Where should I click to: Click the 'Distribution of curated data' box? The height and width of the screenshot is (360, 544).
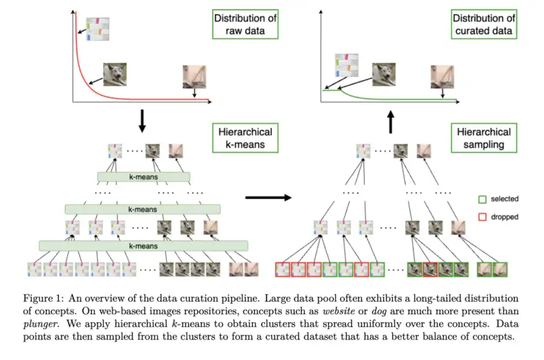(x=485, y=25)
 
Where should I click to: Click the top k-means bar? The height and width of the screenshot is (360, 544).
(x=144, y=177)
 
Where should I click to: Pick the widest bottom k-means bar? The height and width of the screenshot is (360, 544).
(x=144, y=245)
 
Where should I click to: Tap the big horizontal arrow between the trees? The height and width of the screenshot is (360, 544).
(x=268, y=196)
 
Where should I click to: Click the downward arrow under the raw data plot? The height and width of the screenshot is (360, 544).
(x=142, y=120)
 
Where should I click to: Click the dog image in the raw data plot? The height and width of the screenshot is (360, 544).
(x=115, y=75)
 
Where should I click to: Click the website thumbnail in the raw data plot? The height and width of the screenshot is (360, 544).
(x=97, y=29)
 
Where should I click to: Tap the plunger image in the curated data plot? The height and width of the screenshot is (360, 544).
(x=441, y=77)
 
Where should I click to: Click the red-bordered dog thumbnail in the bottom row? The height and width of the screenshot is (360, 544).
(x=430, y=269)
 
